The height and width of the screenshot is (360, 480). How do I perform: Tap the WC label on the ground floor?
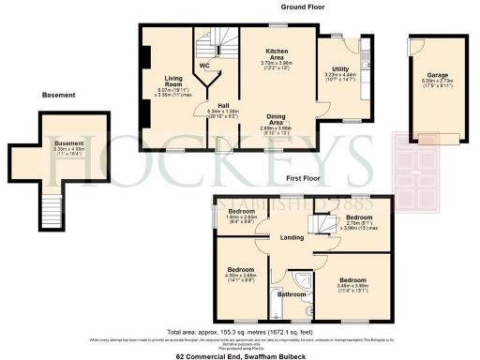coord(203,66)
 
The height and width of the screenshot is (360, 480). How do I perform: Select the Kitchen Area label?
coord(276,50)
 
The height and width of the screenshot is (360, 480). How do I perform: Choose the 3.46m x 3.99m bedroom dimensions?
coord(352,288)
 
